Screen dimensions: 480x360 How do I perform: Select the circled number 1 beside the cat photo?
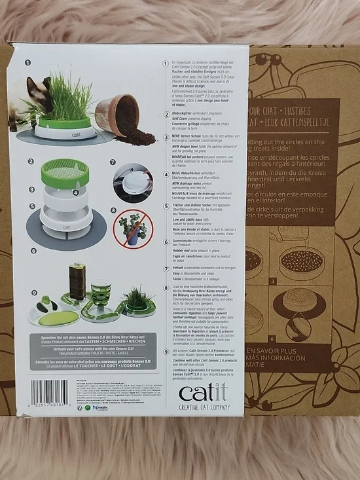tap(28, 64)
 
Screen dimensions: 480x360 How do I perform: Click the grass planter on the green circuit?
tap(137, 299)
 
